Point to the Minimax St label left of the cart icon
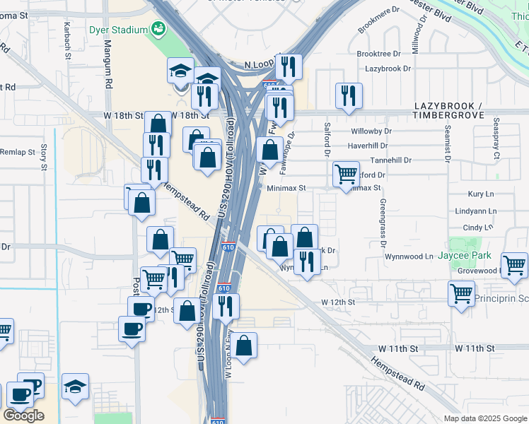pos(286,189)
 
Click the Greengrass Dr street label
pos(383,222)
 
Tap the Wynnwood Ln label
pos(408,256)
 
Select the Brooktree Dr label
pos(379,54)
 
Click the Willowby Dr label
pos(371,131)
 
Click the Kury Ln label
pos(481,194)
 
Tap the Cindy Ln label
pos(477,228)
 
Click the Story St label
pos(44,157)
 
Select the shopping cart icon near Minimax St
pos(345,173)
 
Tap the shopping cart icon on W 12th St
pos(461,293)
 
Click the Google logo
pos(23,416)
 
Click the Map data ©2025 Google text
pos(485,418)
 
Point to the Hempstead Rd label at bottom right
pos(400,375)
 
